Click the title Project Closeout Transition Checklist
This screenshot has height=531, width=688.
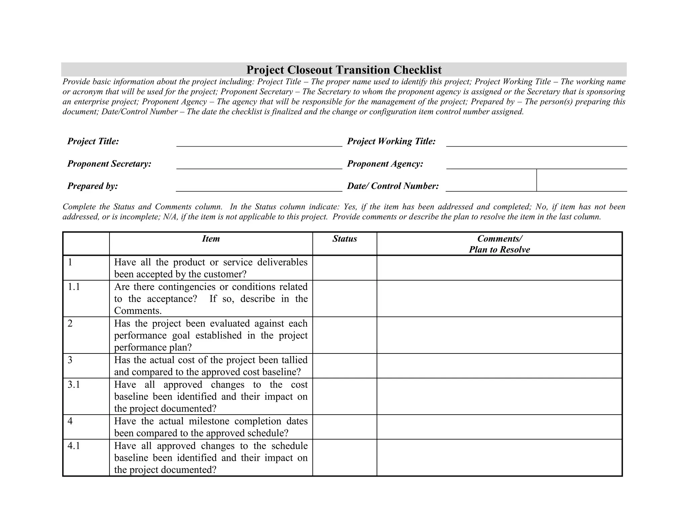[x=344, y=70]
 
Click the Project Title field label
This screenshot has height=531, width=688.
[x=93, y=141]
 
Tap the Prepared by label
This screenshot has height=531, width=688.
[x=92, y=186]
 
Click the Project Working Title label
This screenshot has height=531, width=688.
[x=391, y=141]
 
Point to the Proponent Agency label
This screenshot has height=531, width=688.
[x=385, y=164]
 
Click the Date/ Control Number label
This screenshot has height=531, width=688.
[x=393, y=186]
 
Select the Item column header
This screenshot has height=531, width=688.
[x=211, y=239]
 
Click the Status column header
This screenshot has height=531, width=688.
[x=344, y=239]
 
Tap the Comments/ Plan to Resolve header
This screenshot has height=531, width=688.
[x=499, y=244]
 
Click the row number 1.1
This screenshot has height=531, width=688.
[x=74, y=287]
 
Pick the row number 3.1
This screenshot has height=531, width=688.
[x=74, y=384]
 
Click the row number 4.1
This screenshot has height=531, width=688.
[x=74, y=446]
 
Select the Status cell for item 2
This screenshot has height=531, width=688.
[x=344, y=335]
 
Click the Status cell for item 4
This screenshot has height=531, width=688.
[x=344, y=427]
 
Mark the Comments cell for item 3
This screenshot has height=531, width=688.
[x=499, y=366]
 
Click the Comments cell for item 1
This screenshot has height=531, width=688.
[x=499, y=268]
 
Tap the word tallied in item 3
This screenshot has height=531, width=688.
[x=295, y=360]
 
